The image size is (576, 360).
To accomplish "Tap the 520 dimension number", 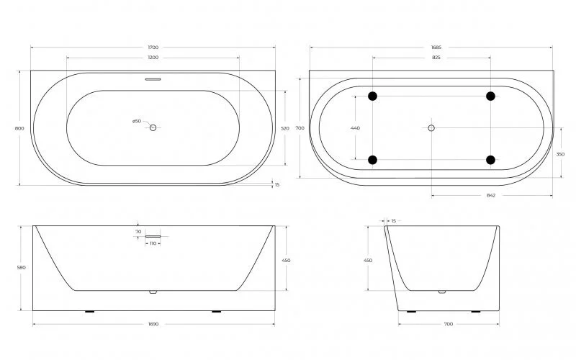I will click(284, 128).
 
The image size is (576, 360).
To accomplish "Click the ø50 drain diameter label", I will click(136, 121).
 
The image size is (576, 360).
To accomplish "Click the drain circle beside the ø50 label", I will click(153, 127).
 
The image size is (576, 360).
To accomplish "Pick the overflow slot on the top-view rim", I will click(152, 80).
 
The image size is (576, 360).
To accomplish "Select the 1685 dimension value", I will click(432, 48).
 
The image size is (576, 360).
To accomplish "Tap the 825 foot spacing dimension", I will click(432, 57).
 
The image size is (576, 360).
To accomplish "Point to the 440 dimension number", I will click(355, 128).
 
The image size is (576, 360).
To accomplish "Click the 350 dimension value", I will click(559, 153).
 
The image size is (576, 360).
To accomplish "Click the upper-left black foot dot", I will click(373, 96).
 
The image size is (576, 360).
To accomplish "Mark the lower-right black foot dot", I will click(490, 159).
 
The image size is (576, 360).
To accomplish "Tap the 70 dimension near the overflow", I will click(138, 231).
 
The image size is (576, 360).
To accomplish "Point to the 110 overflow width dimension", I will click(152, 243).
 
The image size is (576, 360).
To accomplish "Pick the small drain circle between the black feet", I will click(431, 127).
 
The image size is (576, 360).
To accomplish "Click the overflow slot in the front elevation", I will click(153, 235).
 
